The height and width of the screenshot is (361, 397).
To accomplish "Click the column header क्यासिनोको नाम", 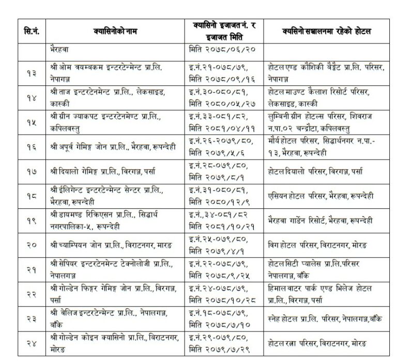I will point(115,32).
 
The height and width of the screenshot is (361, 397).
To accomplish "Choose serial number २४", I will point(32,343).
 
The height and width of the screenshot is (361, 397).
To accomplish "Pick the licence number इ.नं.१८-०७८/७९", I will point(213,312).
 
